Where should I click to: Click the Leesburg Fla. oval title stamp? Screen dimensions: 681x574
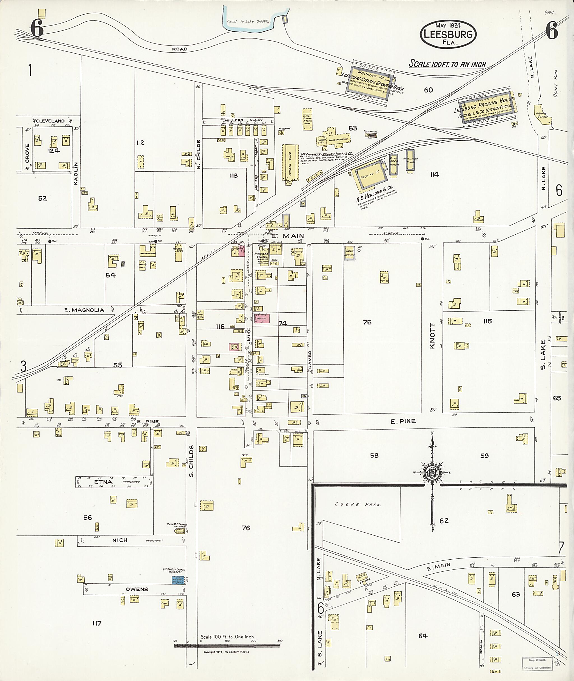[x=448, y=34]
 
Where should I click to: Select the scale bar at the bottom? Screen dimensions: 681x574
[x=227, y=645]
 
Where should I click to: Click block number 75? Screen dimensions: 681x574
[x=367, y=322]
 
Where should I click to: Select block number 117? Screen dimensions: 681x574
[x=97, y=623]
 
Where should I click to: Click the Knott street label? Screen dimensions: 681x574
[x=432, y=336]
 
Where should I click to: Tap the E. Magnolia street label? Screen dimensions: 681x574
[x=84, y=310]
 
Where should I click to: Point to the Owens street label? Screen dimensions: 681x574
[x=137, y=589]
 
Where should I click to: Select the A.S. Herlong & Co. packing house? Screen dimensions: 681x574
[x=370, y=176]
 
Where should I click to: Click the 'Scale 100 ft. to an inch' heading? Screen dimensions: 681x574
[x=447, y=64]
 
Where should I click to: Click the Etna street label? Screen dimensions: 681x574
[x=103, y=482]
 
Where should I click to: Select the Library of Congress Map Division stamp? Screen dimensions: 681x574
[x=537, y=663]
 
